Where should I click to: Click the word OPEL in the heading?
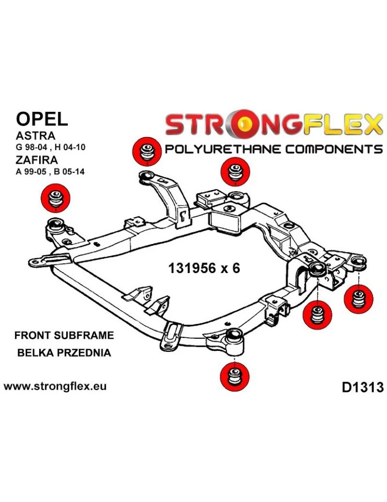41,118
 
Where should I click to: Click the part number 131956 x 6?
203,268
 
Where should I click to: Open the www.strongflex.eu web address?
55,387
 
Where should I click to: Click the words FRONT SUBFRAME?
64,335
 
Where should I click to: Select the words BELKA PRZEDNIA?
64,352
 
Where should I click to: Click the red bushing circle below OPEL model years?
55,197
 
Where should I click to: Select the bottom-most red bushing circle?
234,376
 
